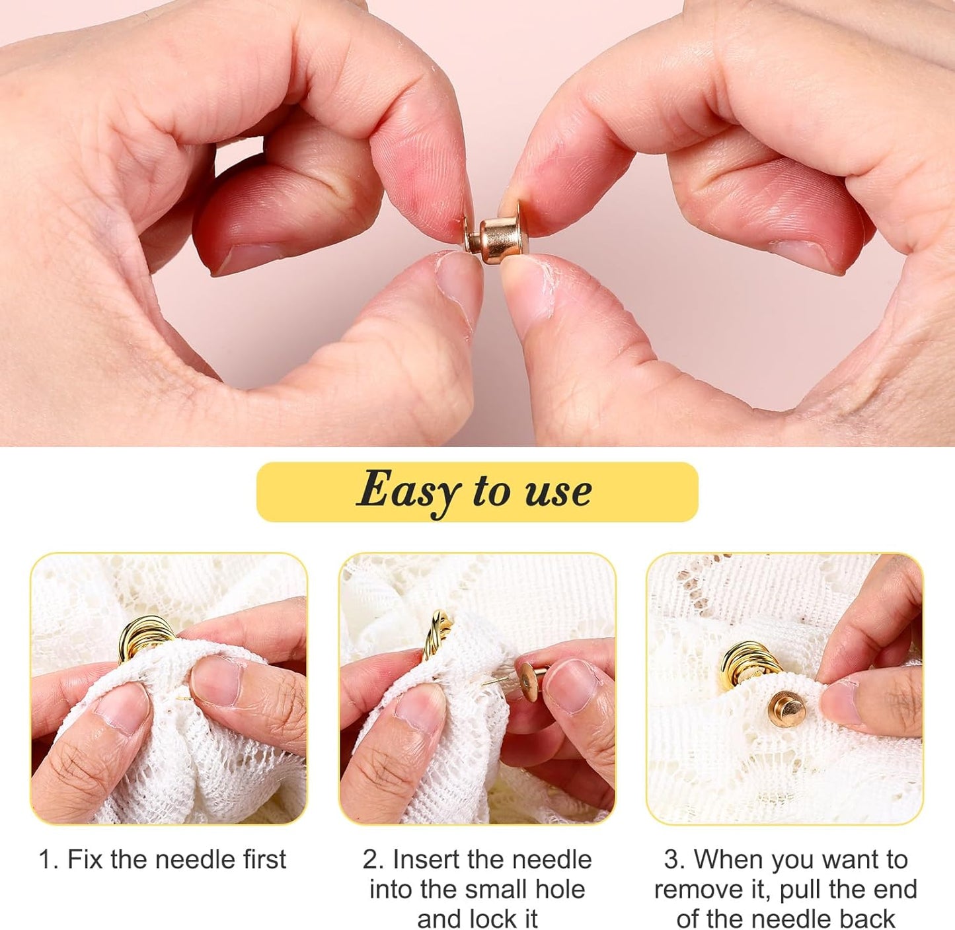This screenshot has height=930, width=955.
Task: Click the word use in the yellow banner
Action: coord(558,492)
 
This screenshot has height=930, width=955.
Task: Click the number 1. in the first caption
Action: coord(49,860)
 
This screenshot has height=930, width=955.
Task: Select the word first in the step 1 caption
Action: coord(262,860)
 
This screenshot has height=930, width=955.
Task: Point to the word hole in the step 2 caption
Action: coord(560,890)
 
